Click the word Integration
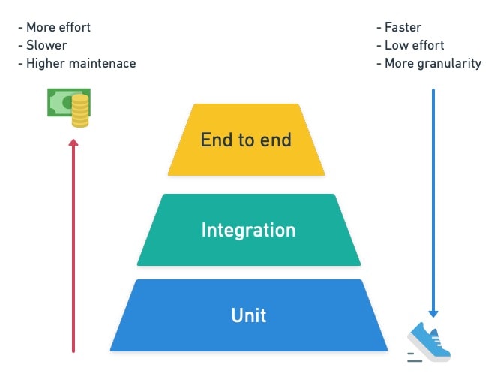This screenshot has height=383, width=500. coord(248,230)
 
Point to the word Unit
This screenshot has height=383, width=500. coord(248,315)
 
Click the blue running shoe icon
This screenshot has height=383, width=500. coord(429,342)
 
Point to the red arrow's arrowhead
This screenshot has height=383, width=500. coord(73,143)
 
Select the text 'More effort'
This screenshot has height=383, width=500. coord(58,28)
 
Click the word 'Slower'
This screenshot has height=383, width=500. coord(47,46)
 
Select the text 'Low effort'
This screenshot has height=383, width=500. coord(415,46)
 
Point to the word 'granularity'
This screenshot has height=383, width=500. coord(450,64)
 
